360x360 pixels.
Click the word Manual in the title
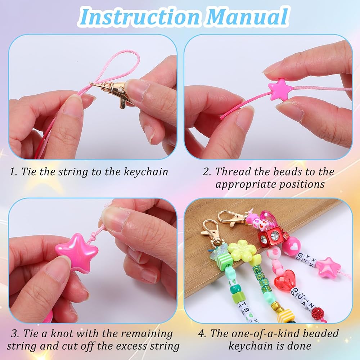click(x=247, y=17)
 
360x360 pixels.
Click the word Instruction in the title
click(x=139, y=17)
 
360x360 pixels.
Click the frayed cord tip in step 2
click(x=221, y=118)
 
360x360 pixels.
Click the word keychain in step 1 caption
click(x=146, y=172)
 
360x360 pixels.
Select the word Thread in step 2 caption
click(x=231, y=172)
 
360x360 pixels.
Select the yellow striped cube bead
click(x=286, y=316)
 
